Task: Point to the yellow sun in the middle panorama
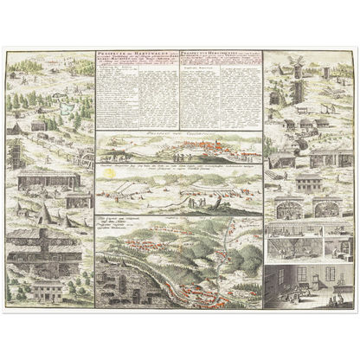click(110, 174)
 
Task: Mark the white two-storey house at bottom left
click(45, 288)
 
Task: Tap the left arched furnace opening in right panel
click(286, 210)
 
